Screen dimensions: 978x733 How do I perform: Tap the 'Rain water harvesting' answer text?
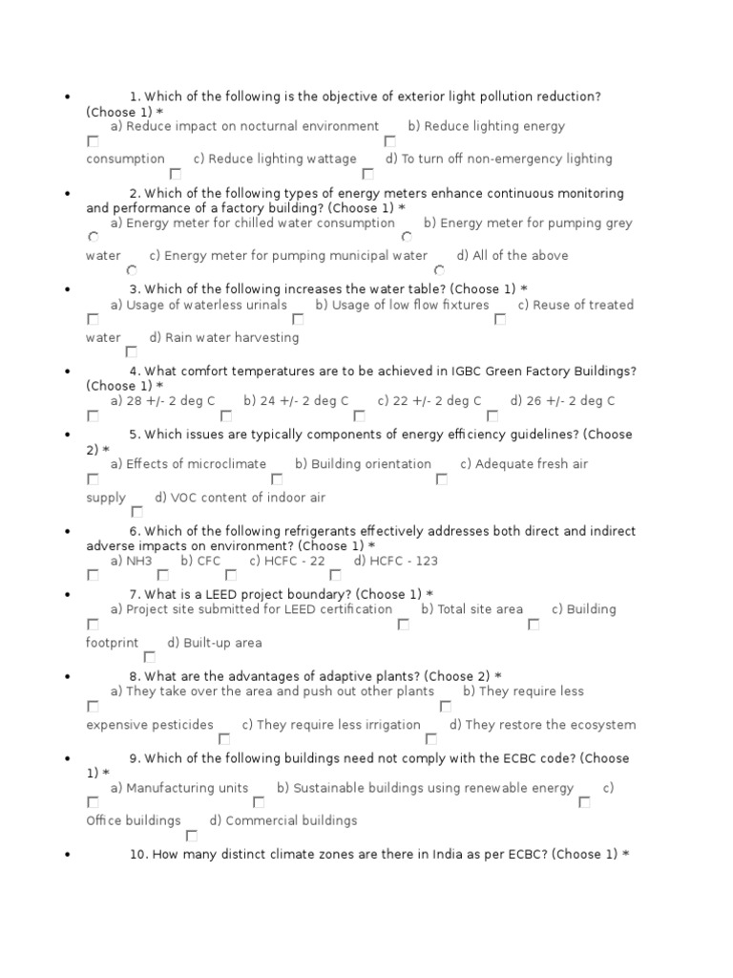232,338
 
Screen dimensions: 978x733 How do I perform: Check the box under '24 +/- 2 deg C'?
226,416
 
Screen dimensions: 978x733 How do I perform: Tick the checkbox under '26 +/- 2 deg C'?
492,416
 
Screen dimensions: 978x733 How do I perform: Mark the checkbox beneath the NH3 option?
93,576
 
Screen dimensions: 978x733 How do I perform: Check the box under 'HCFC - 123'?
335,576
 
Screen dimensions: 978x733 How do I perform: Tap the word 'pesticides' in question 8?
182,725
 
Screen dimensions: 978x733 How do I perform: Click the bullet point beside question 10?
67,856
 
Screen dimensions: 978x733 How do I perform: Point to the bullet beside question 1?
67,97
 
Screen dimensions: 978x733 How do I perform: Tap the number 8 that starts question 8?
134,676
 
